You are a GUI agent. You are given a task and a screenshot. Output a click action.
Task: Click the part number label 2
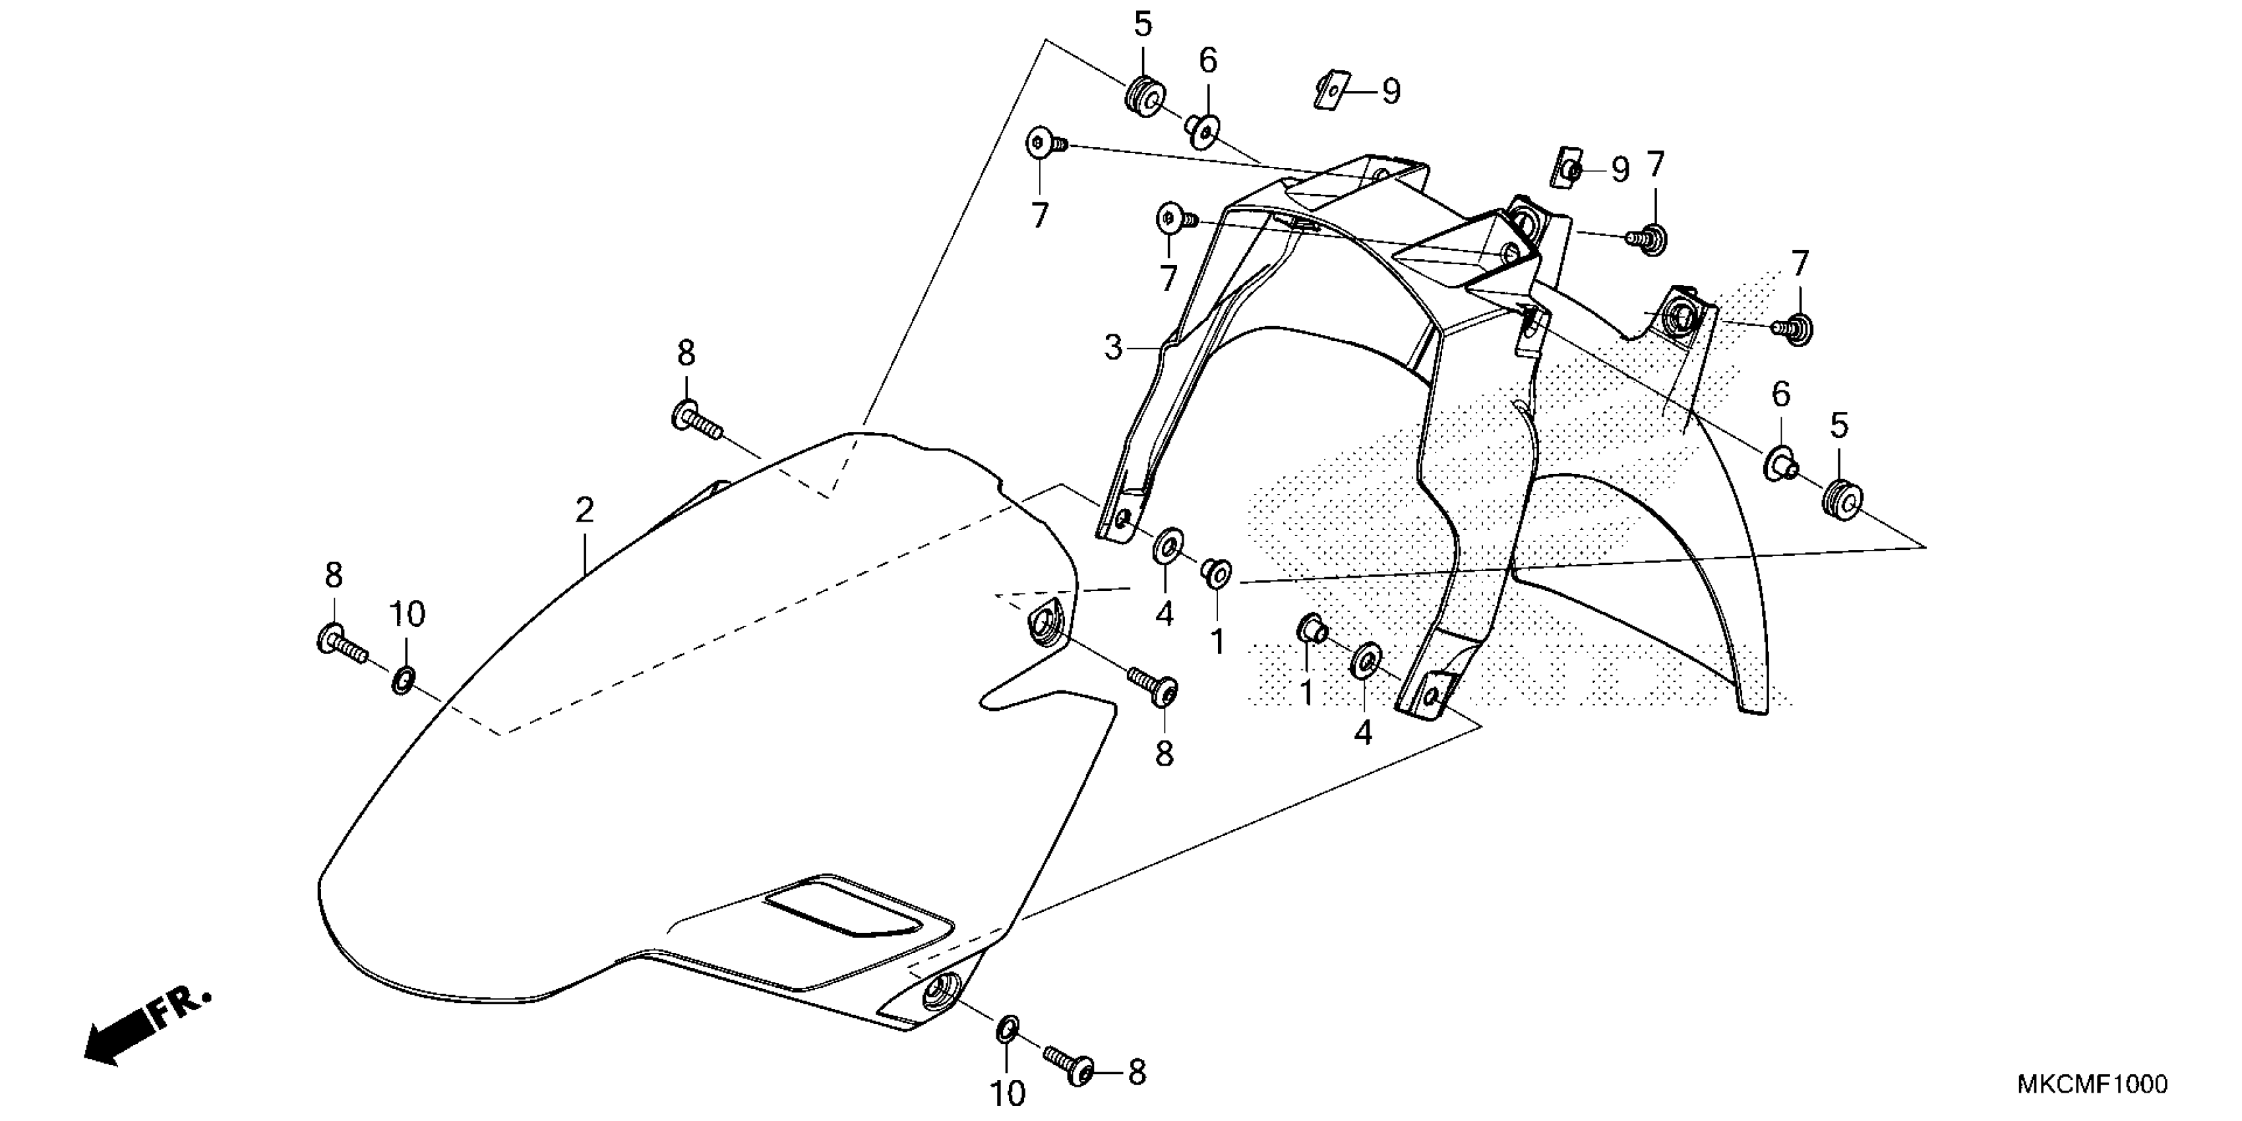584,510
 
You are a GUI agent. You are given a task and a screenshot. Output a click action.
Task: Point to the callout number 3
1113,348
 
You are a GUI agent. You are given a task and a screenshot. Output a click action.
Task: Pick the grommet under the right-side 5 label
1841,499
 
